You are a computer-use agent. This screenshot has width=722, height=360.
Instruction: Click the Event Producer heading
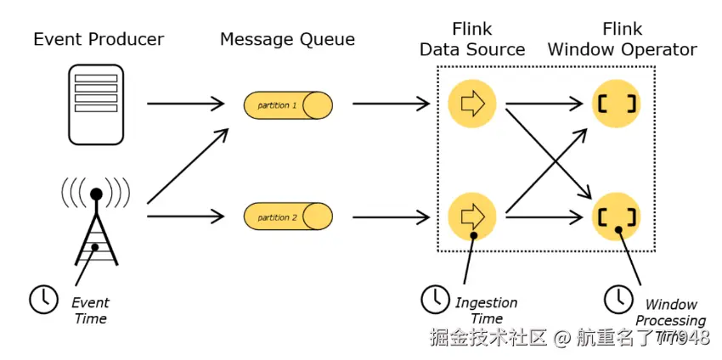click(99, 39)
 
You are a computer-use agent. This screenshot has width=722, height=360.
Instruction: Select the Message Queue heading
click(287, 39)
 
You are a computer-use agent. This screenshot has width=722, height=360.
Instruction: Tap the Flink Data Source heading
click(472, 40)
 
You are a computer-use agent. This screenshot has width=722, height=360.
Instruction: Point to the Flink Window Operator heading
click(622, 40)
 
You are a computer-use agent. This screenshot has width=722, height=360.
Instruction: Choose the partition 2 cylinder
click(288, 217)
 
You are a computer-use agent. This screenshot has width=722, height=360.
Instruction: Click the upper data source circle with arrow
click(471, 104)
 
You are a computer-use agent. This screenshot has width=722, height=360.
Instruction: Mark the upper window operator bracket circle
click(615, 104)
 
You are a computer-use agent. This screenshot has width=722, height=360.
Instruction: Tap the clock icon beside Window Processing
click(618, 298)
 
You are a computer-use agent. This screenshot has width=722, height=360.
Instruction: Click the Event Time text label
click(90, 310)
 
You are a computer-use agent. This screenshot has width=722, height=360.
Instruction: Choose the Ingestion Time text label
click(486, 310)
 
